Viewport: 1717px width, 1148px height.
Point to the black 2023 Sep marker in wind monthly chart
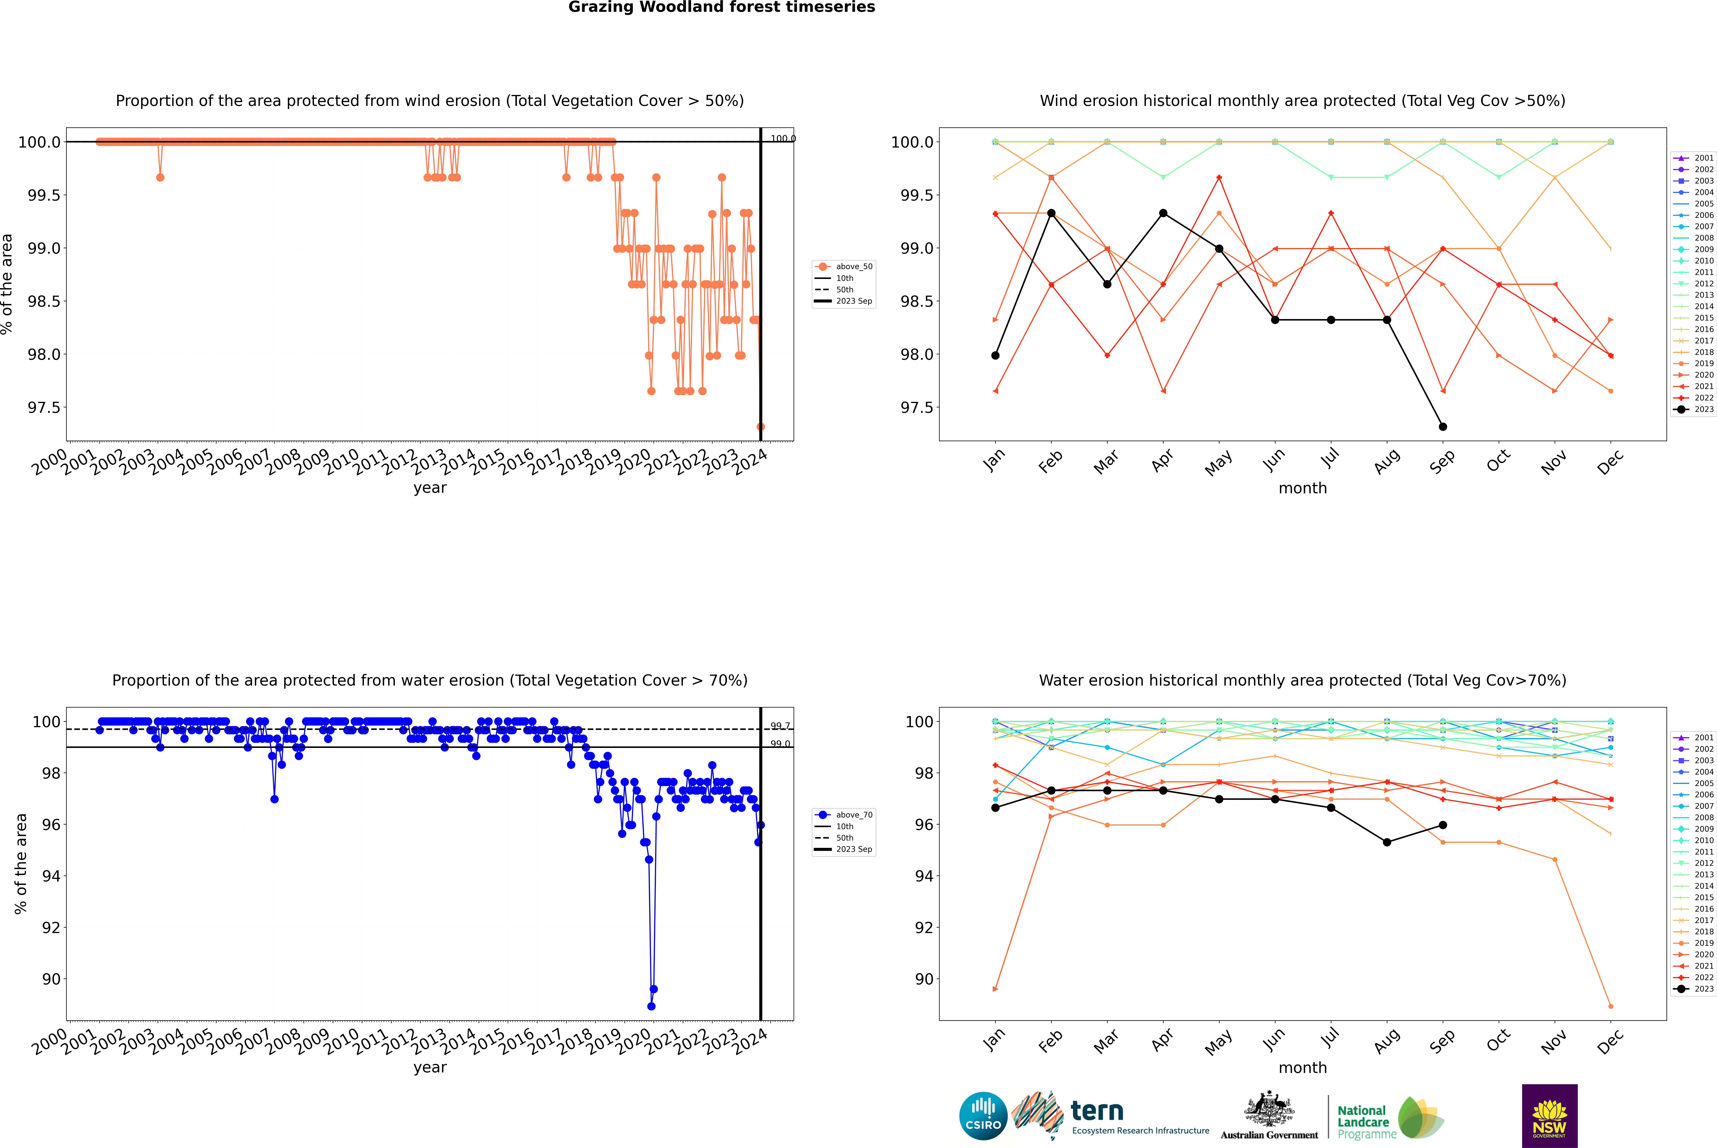[1443, 427]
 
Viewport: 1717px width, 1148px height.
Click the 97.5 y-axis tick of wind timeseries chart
[44, 408]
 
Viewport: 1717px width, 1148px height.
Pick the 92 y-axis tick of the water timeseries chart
[51, 928]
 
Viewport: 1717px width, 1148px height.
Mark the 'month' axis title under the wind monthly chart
[1302, 488]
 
